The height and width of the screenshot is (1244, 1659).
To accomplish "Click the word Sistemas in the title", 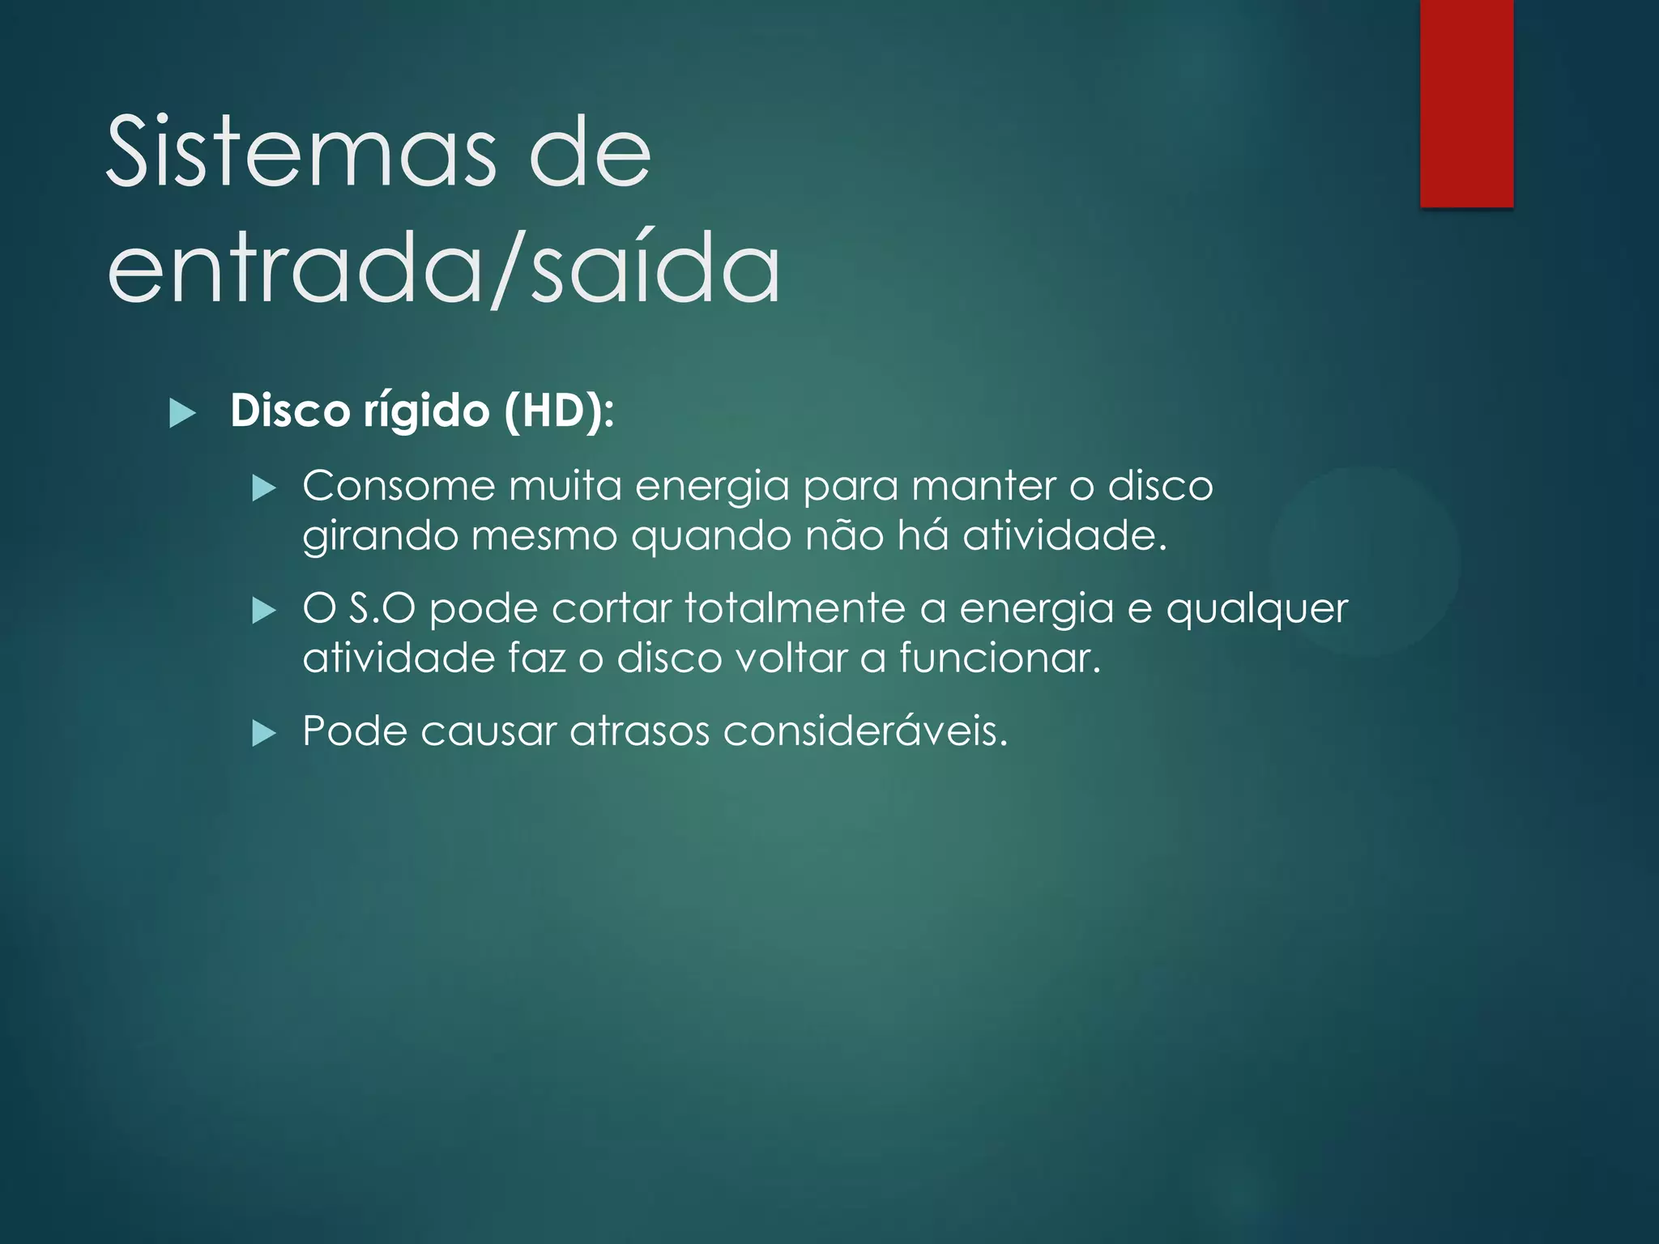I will click(x=301, y=152).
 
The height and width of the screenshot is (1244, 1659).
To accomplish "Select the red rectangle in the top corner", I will click(x=1466, y=103).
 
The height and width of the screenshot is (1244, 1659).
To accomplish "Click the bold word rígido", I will click(x=426, y=411).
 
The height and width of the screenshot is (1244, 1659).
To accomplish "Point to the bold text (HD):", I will click(x=559, y=411).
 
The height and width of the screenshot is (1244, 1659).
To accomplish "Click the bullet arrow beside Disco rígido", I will click(x=183, y=415).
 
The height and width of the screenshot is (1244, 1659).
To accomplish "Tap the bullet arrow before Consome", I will click(x=264, y=489).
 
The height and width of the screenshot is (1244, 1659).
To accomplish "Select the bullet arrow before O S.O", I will click(x=264, y=611).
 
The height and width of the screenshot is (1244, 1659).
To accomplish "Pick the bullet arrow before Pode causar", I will click(x=264, y=734).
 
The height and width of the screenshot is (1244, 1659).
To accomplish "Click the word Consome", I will click(x=399, y=487).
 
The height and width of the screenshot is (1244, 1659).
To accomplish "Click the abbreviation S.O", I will click(x=382, y=608).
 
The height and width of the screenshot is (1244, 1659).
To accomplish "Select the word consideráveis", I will click(x=865, y=731).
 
